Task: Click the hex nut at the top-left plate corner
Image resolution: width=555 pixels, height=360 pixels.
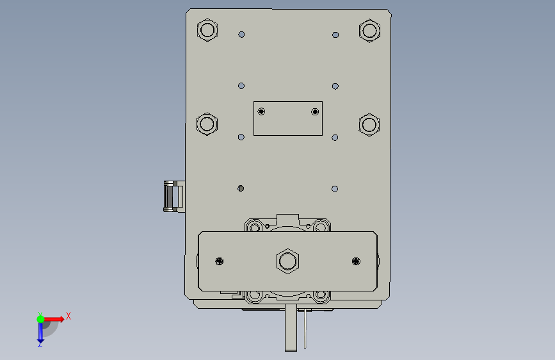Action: pos(207,29)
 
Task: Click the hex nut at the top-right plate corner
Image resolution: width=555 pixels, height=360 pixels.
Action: pos(369,31)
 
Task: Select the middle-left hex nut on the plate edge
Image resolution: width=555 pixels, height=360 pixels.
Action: pos(207,124)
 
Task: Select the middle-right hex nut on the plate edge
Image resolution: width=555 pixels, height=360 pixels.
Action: pos(369,125)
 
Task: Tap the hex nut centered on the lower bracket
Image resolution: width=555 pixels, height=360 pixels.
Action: pos(287,261)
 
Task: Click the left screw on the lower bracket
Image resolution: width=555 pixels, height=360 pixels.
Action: pos(220,261)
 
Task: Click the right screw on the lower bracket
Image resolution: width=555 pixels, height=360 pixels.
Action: pos(356,261)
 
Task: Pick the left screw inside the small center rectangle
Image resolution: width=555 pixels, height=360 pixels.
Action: pos(261,111)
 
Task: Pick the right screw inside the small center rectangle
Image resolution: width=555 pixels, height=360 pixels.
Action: pos(315,112)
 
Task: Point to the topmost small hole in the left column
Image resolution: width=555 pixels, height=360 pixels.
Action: pos(241,35)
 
